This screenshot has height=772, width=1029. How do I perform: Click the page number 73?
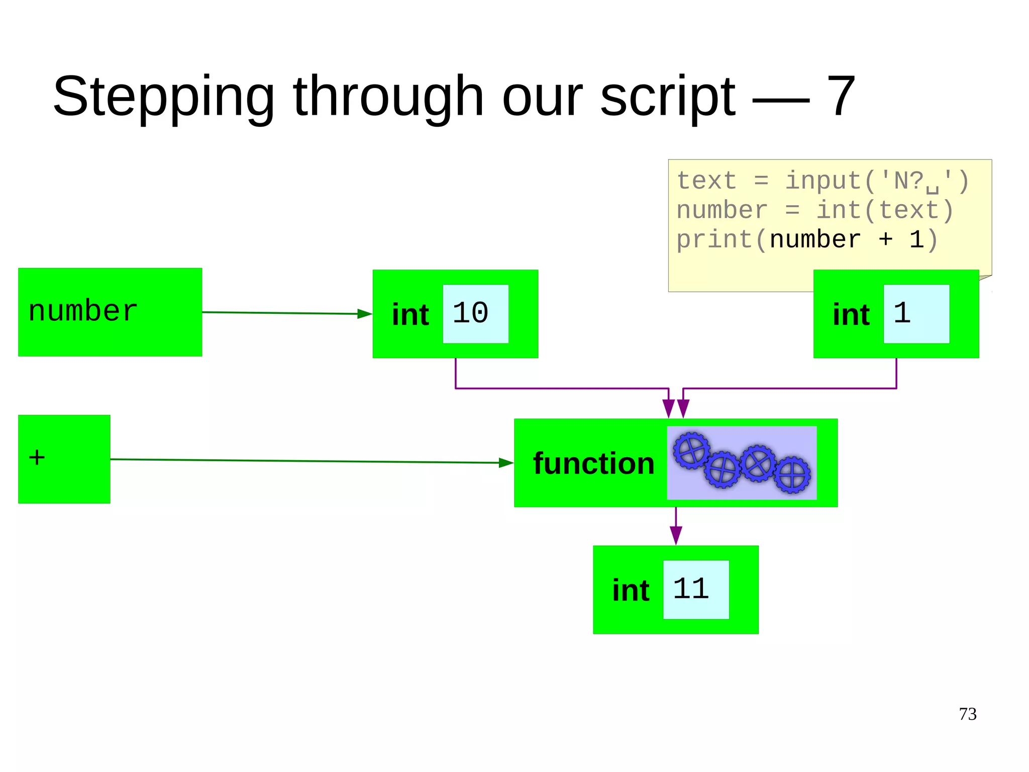[x=967, y=714]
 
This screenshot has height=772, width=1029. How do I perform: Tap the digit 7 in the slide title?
[x=840, y=96]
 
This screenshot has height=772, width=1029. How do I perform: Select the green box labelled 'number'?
[x=110, y=312]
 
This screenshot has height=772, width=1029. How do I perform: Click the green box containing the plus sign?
[x=64, y=459]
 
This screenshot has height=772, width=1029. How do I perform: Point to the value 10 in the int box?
[x=471, y=313]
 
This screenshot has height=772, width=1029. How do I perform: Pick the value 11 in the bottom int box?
[x=691, y=588]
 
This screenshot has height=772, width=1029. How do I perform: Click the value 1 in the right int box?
[x=902, y=313]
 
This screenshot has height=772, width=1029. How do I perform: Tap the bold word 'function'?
[x=593, y=463]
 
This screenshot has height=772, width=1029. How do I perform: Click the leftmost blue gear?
[x=691, y=450]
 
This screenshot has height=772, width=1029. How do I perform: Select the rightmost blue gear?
[x=792, y=474]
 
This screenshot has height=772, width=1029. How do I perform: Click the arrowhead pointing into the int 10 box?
[x=365, y=314]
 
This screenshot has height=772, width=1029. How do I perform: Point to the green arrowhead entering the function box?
[x=506, y=463]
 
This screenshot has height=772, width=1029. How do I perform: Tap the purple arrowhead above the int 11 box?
[x=676, y=535]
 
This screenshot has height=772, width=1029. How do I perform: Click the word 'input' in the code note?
[x=824, y=181]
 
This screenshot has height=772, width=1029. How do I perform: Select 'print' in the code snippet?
[x=714, y=239]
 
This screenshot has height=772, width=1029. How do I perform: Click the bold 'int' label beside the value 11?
[x=631, y=590]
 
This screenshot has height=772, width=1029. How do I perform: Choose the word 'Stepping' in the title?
[x=163, y=97]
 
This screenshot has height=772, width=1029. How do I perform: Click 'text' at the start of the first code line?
[x=706, y=181]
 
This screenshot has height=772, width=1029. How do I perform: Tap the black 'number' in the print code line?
[x=815, y=239]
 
